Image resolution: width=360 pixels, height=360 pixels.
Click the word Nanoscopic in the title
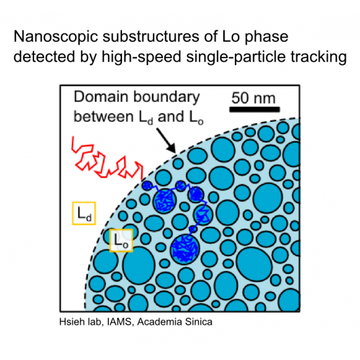pyautogui.click(x=56, y=37)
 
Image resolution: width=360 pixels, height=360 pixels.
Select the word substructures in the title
pyautogui.click(x=151, y=36)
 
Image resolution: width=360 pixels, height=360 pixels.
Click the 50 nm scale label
pyautogui.click(x=253, y=98)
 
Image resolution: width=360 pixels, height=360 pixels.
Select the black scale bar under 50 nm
pyautogui.click(x=255, y=109)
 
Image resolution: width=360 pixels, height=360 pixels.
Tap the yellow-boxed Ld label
pyautogui.click(x=84, y=213)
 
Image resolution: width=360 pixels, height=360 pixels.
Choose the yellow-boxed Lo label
pyautogui.click(x=121, y=241)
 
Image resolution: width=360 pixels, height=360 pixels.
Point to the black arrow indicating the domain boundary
pyautogui.click(x=165, y=140)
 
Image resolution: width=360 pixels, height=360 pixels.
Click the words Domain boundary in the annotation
pyautogui.click(x=136, y=97)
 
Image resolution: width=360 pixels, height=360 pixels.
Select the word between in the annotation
pyautogui.click(x=104, y=117)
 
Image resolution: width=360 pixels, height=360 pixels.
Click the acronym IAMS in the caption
pyautogui.click(x=119, y=322)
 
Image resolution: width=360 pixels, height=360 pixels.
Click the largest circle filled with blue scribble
pyautogui.click(x=185, y=249)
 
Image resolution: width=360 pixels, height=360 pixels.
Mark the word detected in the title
pyautogui.click(x=44, y=57)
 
